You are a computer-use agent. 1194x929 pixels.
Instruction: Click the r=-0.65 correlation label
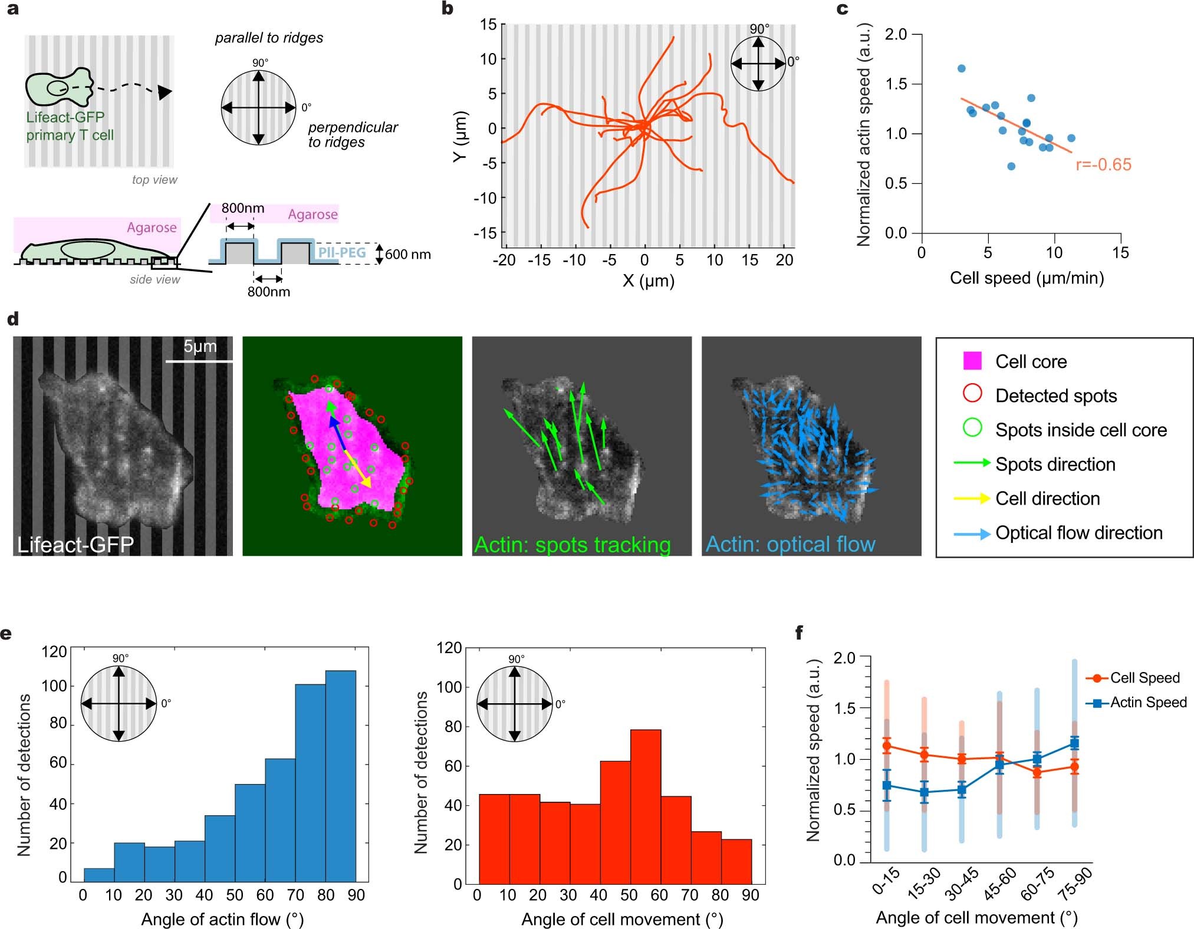point(1103,164)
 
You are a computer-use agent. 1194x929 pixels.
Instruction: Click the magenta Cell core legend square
point(972,361)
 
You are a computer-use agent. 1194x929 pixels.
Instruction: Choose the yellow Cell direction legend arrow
point(971,499)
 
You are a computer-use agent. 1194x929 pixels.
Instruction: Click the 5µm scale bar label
point(200,347)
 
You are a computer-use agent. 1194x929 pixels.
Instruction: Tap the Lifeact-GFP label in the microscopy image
point(75,543)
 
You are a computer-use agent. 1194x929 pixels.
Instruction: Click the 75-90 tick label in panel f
point(1076,884)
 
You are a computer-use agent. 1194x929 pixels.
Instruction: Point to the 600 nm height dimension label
point(408,255)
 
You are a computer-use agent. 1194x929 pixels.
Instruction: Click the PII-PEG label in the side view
point(342,253)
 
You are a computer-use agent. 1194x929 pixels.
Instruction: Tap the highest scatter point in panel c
point(961,68)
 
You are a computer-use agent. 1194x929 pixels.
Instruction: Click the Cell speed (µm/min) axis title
point(1027,278)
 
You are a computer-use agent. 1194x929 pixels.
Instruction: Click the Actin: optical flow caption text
point(791,544)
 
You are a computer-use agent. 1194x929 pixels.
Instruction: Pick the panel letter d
point(12,319)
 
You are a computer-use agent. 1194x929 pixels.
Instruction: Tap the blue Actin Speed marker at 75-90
point(1074,743)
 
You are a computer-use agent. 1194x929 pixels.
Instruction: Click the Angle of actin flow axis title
point(222,919)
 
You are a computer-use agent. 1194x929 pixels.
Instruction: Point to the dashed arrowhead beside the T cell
point(165,92)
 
